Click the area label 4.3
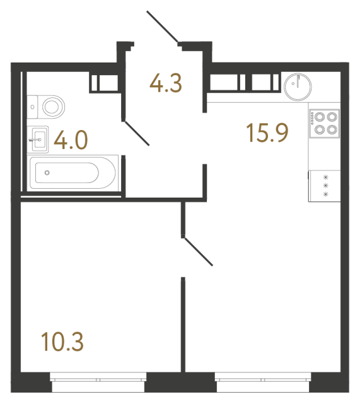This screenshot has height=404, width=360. coord(165,83)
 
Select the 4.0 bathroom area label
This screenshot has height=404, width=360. coord(70,140)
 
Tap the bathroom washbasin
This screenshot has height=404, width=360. coord(38,138)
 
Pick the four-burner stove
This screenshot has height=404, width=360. coord(324,123)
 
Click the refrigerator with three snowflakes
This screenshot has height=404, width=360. coord(324,186)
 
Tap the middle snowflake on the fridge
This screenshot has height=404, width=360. coord(326,186)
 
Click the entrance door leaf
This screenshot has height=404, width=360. coord(163,27)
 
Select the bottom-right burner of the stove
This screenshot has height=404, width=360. coord(330,129)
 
